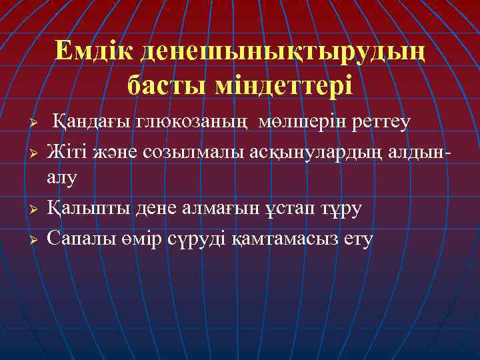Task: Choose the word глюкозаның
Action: coord(193,123)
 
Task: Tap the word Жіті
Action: coord(66,152)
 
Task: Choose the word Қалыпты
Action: coord(84,209)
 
